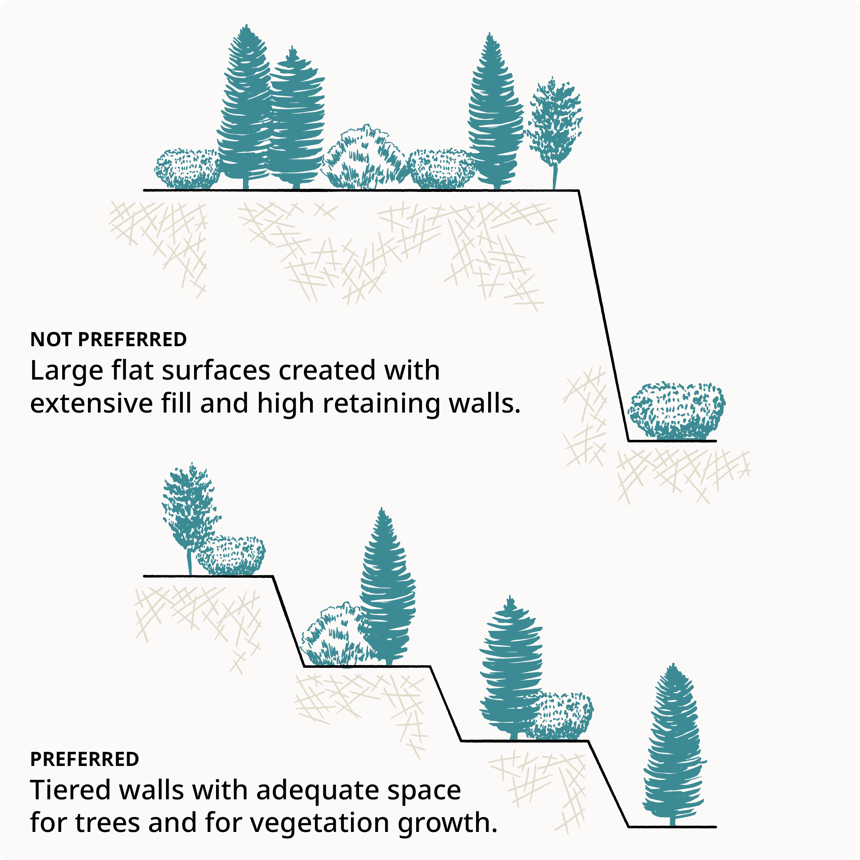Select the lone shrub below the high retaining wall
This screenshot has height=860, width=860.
[x=676, y=411]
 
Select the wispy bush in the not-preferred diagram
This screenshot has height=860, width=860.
[x=364, y=158]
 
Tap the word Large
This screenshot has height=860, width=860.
[x=67, y=371]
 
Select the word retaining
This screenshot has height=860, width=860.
[x=381, y=404]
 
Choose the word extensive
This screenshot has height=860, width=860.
[x=91, y=404]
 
